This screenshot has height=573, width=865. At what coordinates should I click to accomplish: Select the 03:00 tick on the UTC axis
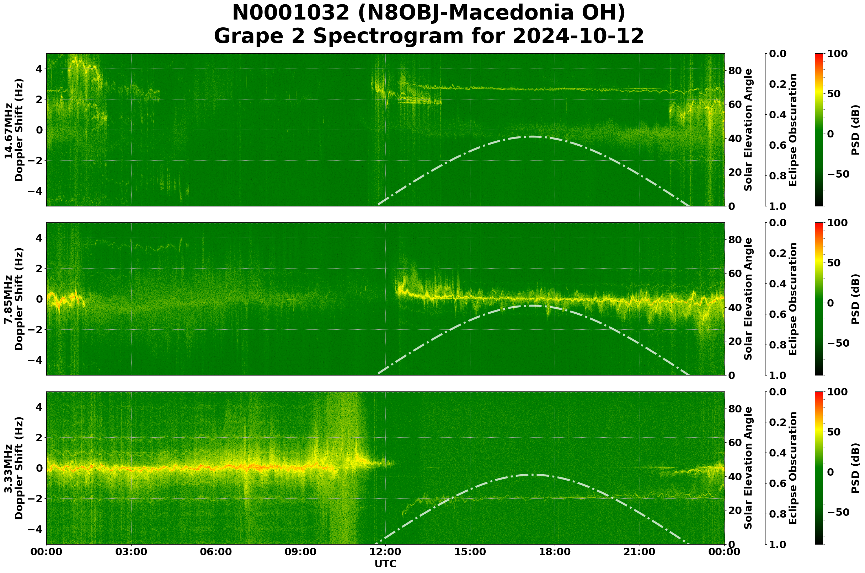click(x=131, y=552)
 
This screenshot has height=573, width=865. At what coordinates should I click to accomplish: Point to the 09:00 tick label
click(x=301, y=552)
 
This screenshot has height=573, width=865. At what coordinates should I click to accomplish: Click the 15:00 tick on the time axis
click(x=470, y=552)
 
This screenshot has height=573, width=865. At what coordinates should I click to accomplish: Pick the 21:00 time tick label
click(x=640, y=552)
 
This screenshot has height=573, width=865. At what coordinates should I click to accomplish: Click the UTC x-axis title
click(x=385, y=564)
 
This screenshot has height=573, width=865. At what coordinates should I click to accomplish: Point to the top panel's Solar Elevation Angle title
click(x=748, y=130)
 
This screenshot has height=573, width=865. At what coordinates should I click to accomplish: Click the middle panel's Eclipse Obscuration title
click(x=792, y=299)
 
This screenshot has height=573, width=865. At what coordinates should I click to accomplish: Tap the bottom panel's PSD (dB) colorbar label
click(x=855, y=468)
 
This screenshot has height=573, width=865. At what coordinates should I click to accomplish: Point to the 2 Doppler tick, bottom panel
click(x=39, y=437)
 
